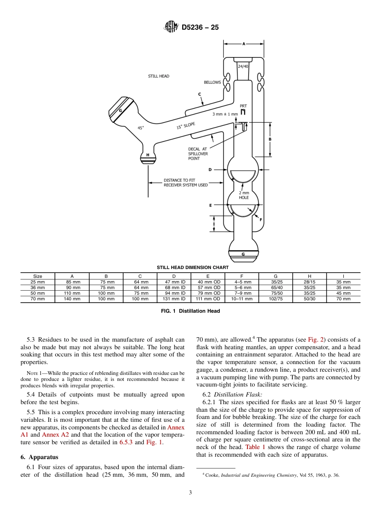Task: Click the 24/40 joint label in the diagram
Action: coord(243,66)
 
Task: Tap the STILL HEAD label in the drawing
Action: coord(158,76)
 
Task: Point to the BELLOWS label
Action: coord(212,82)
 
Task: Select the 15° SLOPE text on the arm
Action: coord(186,126)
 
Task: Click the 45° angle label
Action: coord(141,128)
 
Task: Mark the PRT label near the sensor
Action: coord(243,106)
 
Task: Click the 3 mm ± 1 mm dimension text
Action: coord(225,114)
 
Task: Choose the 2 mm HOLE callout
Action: coord(244,195)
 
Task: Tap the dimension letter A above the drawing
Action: coord(243,44)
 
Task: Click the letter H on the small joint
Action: coord(148,155)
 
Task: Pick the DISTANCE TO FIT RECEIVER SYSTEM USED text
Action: coord(186,182)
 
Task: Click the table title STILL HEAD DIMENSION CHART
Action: coord(193,267)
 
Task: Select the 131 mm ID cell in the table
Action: coord(174,299)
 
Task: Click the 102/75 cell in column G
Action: coord(276,299)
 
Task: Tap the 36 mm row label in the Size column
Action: coord(38,287)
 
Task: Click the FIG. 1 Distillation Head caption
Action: coord(190,311)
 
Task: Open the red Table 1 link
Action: coord(253,447)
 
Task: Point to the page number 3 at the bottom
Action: coord(190,493)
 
